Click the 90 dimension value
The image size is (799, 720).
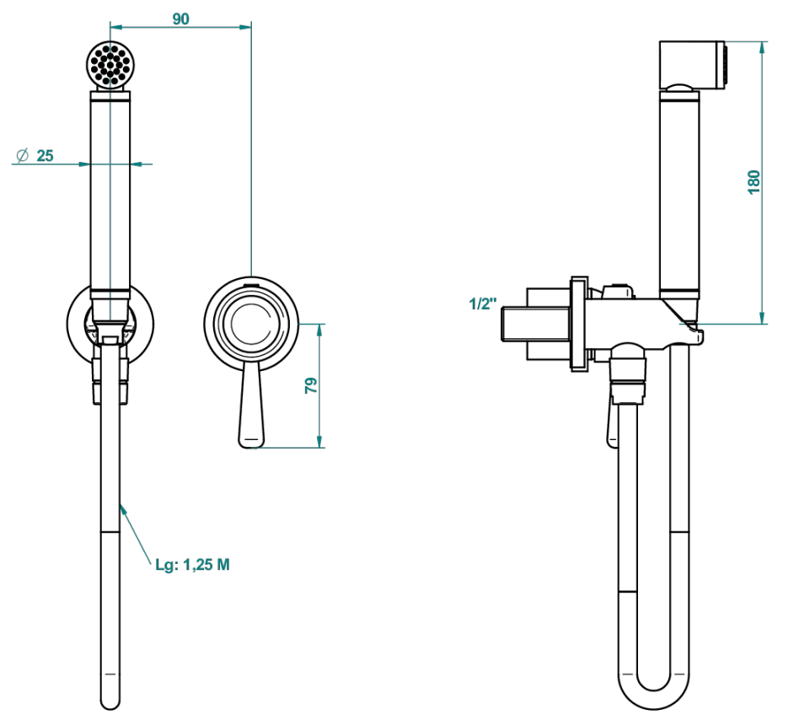point(180,19)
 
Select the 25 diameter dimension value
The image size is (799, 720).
point(45,155)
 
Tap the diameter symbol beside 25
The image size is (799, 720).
point(23,155)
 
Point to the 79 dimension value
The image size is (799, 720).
point(311,385)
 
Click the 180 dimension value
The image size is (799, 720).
point(754,182)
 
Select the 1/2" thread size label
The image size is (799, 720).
point(483,304)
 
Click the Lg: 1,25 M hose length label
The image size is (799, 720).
point(193,565)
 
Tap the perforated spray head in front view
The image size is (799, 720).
point(110,65)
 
